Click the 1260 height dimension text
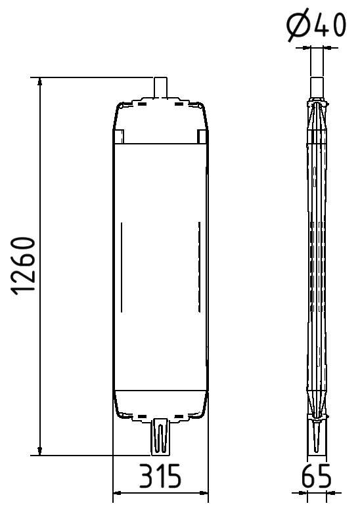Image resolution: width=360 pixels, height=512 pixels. tap(24, 266)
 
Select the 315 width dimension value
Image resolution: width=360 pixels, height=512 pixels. tap(160, 476)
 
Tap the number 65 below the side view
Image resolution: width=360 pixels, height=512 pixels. tap(317, 476)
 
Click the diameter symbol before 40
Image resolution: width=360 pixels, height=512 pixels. tap(298, 26)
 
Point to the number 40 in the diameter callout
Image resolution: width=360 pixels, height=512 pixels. tap(330, 26)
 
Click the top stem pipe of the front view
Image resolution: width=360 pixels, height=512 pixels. tap(161, 88)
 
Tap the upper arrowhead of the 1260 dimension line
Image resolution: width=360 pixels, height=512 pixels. tap(41, 83)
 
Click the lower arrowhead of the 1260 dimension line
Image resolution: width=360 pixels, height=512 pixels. tap(41, 450)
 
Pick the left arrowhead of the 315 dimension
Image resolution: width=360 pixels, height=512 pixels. tap(118, 492)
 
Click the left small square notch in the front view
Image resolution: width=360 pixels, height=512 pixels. tap(119, 137)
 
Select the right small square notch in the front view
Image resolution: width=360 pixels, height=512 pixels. tap(202, 137)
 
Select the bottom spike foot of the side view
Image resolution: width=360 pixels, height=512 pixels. tap(317, 437)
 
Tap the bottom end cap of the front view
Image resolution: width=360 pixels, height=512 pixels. tap(161, 404)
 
